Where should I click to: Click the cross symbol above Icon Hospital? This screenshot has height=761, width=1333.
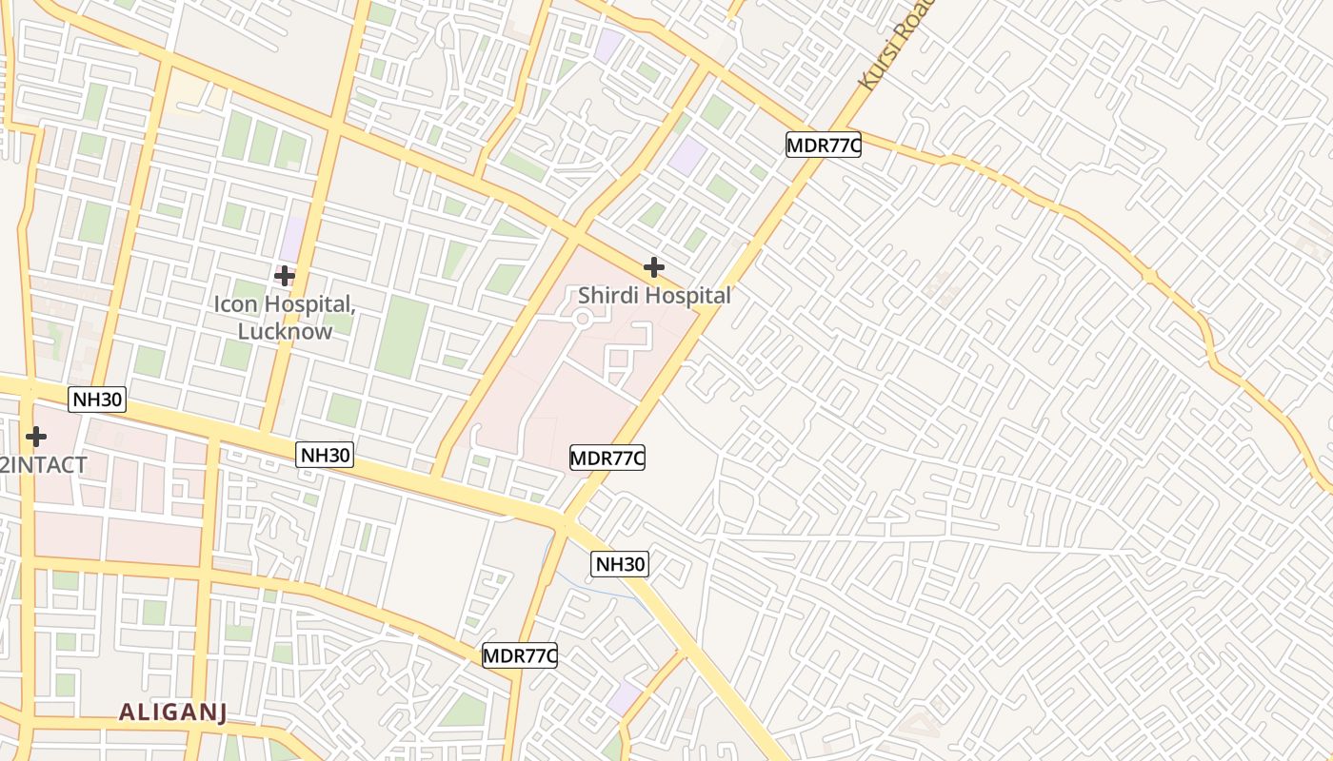284,276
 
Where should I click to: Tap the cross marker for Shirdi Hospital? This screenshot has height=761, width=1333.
653,267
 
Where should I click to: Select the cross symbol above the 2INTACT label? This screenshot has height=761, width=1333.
36,437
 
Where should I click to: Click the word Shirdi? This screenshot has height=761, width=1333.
608,296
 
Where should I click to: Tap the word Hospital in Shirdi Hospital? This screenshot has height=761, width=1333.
686,296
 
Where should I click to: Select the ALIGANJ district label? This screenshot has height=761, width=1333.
173,712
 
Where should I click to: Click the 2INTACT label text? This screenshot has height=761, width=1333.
44,465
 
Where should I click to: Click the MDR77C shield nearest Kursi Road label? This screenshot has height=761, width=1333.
824,145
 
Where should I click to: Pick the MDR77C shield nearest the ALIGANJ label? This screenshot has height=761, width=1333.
519,655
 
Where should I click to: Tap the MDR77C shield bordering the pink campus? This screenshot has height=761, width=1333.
607,458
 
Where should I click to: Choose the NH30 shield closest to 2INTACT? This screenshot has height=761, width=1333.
98,399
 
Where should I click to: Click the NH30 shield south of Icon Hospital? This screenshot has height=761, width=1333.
325,455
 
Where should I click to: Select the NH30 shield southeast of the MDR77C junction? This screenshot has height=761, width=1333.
620,564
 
